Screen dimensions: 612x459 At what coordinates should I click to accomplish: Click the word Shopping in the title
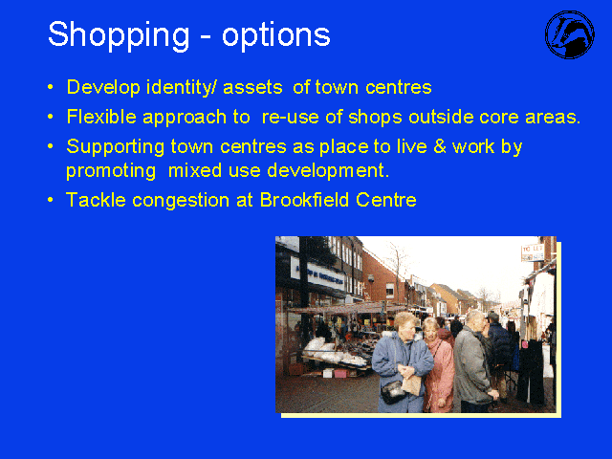[119, 35]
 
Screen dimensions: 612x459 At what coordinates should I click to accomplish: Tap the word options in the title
[276, 36]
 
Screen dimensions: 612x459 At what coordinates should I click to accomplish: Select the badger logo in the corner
[570, 34]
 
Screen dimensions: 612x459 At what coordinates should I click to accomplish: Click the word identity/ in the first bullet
[181, 87]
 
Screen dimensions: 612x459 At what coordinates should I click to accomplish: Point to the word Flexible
[101, 117]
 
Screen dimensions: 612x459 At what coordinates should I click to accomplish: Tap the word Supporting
[116, 147]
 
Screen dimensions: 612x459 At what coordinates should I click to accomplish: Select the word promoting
[111, 171]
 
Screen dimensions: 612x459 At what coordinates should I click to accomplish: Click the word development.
[328, 170]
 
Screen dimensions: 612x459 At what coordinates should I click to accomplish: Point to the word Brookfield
[304, 200]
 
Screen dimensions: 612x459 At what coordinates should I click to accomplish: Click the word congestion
[181, 201]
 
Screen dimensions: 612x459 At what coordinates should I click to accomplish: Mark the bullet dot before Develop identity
[50, 87]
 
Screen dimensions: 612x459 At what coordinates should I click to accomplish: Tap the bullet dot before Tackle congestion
[50, 200]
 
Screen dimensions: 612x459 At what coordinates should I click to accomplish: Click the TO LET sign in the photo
[533, 252]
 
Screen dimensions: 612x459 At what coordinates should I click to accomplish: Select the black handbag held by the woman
[393, 391]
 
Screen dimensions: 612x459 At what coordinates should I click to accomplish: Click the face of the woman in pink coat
[431, 330]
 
